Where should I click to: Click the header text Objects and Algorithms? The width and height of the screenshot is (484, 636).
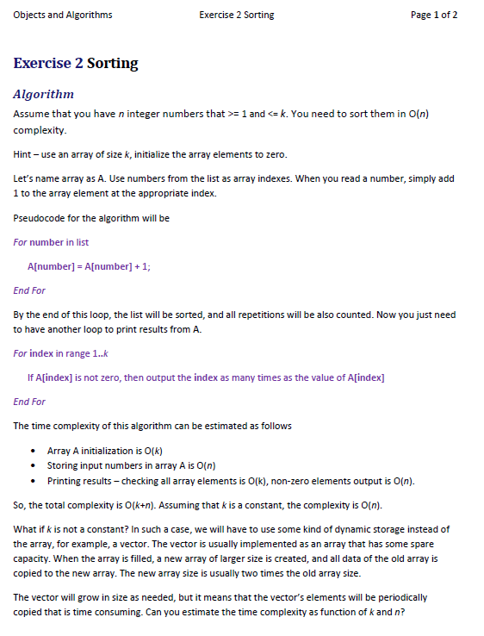[x=63, y=16]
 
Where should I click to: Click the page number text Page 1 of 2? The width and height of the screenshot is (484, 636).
[x=434, y=16]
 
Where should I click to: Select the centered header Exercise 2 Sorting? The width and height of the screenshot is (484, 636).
[x=236, y=16]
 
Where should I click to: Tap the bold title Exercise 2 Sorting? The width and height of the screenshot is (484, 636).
[x=76, y=63]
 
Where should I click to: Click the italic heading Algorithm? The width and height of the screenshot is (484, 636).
[x=44, y=94]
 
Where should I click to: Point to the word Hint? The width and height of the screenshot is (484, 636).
[x=23, y=154]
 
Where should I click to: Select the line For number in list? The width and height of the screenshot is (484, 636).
[x=51, y=242]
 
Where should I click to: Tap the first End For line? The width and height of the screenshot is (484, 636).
[x=29, y=290]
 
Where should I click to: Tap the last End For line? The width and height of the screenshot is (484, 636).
[x=29, y=402]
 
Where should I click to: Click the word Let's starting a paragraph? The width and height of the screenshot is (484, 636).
[x=23, y=178]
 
